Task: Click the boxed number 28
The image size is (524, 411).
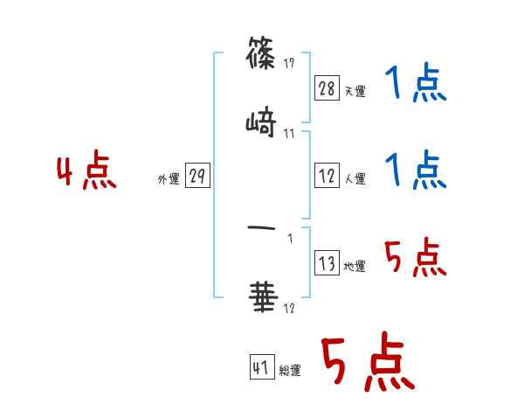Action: click(x=327, y=87)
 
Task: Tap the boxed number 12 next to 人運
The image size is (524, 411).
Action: click(x=327, y=176)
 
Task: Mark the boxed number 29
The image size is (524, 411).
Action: click(x=197, y=176)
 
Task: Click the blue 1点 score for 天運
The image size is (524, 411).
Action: click(x=414, y=84)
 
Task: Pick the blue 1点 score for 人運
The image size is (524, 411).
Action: click(x=414, y=170)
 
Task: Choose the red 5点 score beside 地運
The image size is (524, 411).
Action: click(x=414, y=258)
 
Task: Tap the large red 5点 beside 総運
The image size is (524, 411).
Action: click(x=367, y=363)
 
